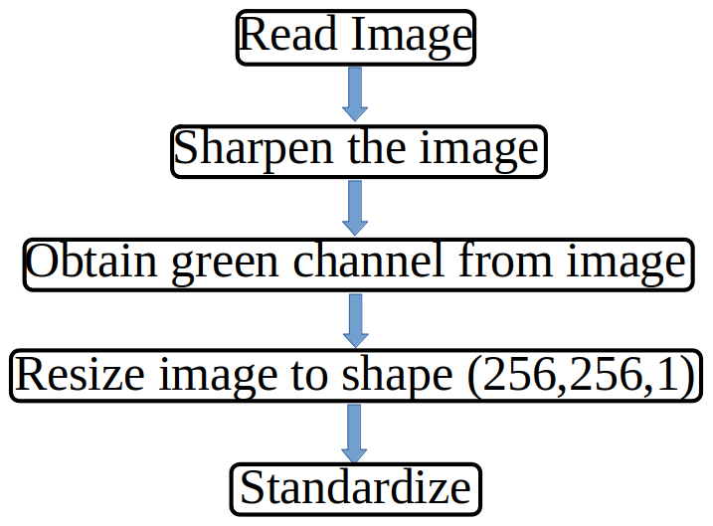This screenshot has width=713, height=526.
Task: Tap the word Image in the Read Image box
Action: [412, 37]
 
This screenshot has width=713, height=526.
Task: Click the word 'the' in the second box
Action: [377, 147]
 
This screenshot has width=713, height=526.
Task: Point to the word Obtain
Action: [91, 261]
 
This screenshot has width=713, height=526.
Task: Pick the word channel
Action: [368, 261]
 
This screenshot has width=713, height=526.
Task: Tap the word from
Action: [505, 261]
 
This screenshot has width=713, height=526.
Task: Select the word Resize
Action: [80, 374]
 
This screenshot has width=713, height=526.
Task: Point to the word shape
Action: [397, 377]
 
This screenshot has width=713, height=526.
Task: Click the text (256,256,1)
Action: [581, 377]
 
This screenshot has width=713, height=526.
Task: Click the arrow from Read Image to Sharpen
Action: [355, 94]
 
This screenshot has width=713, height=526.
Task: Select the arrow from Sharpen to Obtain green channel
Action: [355, 208]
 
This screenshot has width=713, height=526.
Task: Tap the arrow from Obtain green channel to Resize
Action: [356, 321]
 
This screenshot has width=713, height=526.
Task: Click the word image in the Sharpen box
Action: [479, 151]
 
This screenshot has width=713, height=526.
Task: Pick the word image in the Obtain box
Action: [626, 264]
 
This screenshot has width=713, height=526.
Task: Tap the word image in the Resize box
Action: [218, 378]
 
